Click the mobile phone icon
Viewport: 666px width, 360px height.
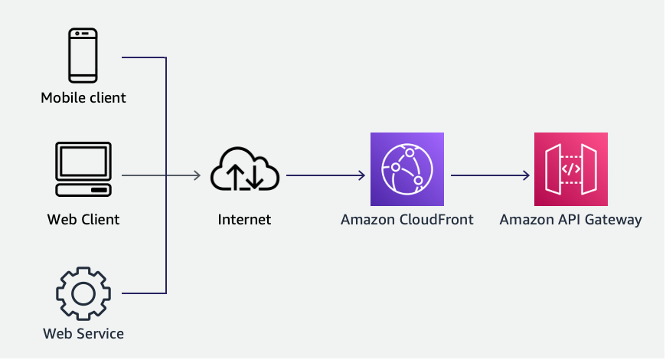tap(83, 55)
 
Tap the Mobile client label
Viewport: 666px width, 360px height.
tap(83, 98)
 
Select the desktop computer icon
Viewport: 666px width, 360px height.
tap(83, 169)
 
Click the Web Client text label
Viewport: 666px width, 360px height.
tap(83, 220)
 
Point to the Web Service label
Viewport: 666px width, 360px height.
tap(83, 333)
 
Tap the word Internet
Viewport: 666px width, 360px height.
tap(244, 220)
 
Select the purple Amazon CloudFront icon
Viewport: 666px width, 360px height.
tap(407, 169)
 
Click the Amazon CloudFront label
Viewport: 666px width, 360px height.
tap(407, 220)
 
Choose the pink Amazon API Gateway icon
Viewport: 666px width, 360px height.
tap(571, 169)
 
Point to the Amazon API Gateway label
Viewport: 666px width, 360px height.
tap(571, 220)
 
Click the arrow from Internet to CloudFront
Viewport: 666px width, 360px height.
tap(325, 176)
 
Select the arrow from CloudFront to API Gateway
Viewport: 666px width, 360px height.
tap(490, 176)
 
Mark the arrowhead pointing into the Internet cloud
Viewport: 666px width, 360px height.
tap(197, 176)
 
